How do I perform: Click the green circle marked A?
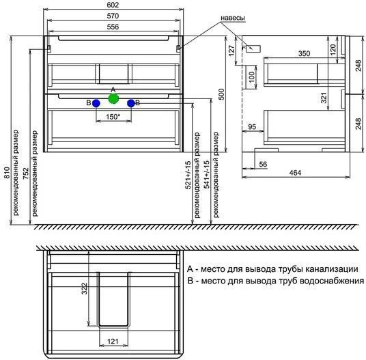pos(113,99)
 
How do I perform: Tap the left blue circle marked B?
pos(96,103)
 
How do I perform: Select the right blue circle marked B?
pos(131,103)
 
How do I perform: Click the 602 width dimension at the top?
pos(113,5)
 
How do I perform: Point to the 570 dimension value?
pos(113,16)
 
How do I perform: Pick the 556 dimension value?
pos(113,27)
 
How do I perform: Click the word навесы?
pos(233,18)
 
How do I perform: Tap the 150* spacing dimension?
pos(113,117)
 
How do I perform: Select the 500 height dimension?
pos(221,94)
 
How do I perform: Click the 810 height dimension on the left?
pos(7,173)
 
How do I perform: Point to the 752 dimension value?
pos(26,174)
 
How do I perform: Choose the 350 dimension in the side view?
pos(304,53)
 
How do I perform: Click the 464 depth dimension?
pos(295,173)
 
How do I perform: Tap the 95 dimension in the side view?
pos(252,127)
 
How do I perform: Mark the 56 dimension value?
pos(263,164)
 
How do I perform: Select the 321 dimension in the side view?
pos(324,98)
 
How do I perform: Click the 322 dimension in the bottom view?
pos(84,288)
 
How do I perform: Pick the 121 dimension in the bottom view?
pos(113,342)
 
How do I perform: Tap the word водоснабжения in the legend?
pos(332,280)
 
